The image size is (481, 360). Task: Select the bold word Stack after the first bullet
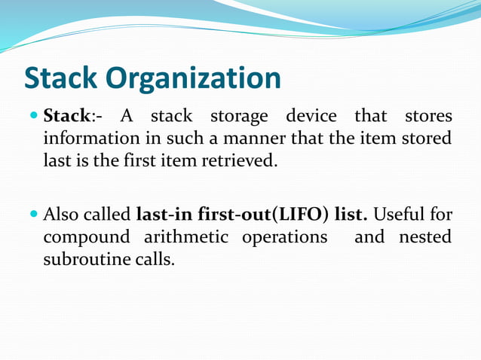[67, 117]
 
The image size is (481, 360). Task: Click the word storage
[238, 117]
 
